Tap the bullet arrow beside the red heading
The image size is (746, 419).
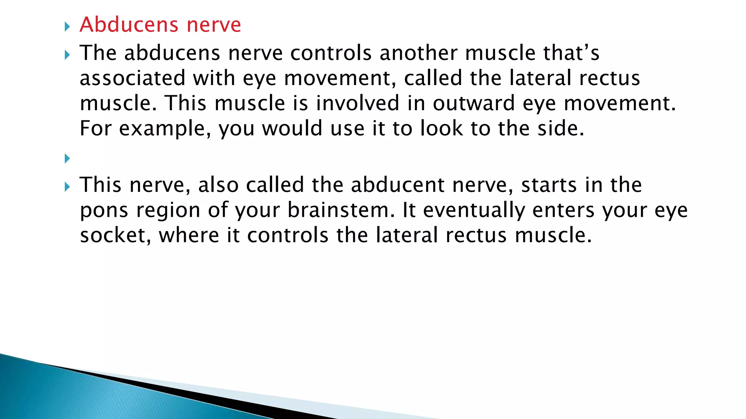67,27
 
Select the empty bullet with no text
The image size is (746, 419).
67,159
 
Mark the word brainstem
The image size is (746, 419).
341,210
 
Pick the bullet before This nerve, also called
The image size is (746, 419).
67,187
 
